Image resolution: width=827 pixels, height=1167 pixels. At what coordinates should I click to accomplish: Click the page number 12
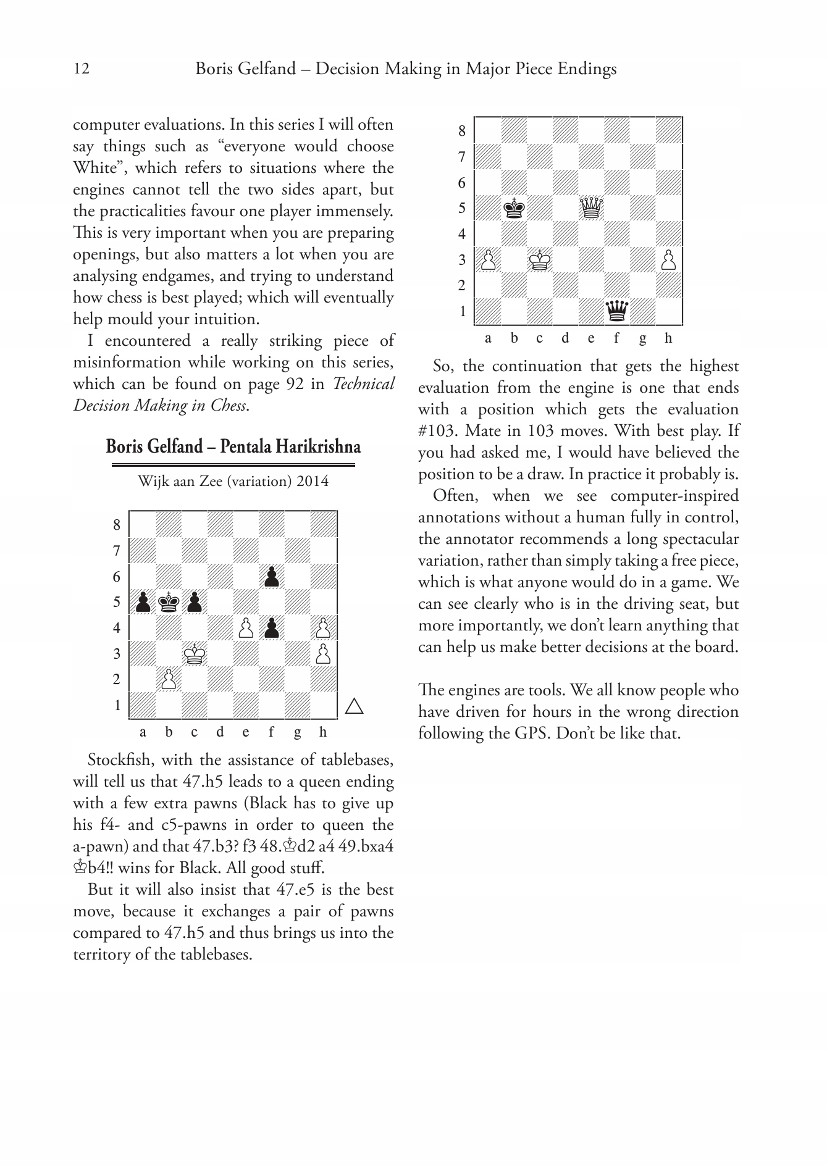82,69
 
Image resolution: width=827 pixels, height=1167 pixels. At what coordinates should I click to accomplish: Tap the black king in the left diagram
168,602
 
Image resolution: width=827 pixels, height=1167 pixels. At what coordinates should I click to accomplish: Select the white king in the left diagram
195,654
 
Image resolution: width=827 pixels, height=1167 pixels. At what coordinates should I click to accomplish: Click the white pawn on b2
168,680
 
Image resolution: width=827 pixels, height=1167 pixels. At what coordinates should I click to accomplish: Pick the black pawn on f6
271,577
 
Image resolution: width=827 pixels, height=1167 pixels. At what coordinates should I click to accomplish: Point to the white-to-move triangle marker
354,706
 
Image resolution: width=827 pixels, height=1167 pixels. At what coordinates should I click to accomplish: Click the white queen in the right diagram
592,208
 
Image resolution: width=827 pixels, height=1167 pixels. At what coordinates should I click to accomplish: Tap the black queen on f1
617,311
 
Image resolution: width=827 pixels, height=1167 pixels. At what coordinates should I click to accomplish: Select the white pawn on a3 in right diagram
488,260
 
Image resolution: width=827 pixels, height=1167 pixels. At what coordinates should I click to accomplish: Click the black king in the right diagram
514,208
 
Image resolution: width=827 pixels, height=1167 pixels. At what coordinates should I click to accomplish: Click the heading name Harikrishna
321,446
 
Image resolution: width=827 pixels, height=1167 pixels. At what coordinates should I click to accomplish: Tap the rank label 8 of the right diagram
462,131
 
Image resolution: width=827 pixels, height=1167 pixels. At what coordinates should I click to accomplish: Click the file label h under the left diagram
323,732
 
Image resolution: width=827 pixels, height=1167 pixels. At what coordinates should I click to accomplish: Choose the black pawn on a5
143,602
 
